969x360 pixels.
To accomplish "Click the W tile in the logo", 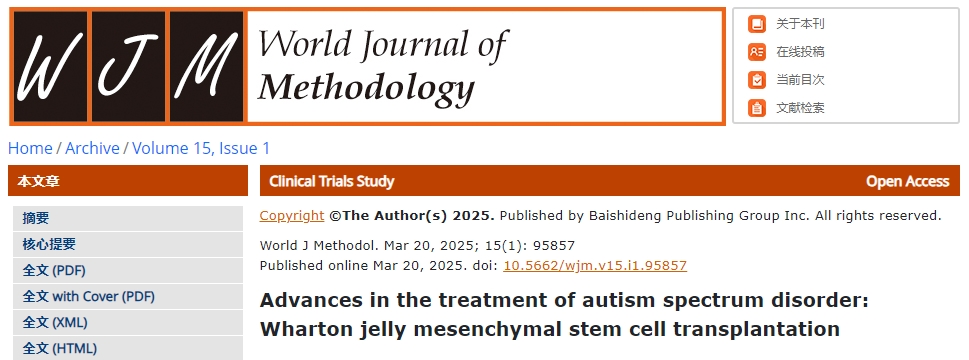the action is coord(50,66).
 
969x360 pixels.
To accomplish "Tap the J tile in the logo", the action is coord(129,66).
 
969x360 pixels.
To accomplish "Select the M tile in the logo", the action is coord(206,66).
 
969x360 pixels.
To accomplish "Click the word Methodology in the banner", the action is coord(366,86).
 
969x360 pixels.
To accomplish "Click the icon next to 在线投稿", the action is coord(756,52).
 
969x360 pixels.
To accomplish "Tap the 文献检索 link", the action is coord(800,108).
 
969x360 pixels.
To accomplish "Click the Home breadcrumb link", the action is coord(30,148).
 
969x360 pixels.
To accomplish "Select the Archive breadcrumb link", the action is coord(92,148).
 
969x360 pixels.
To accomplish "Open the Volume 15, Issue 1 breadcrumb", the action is coord(201,148).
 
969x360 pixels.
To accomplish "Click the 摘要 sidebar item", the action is coord(36,218).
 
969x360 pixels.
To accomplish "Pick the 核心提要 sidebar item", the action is coord(49,244).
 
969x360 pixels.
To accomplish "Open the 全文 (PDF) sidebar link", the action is coord(54,270).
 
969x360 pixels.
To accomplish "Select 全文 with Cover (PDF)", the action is coord(89,296).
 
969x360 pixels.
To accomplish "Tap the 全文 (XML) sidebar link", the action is coord(55,322).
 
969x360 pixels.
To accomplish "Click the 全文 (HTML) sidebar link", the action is coord(60,348).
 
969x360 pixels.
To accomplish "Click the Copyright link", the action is coord(292,216).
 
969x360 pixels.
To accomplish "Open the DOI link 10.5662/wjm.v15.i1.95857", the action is coord(595,266).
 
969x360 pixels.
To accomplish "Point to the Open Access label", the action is coord(907,182).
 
